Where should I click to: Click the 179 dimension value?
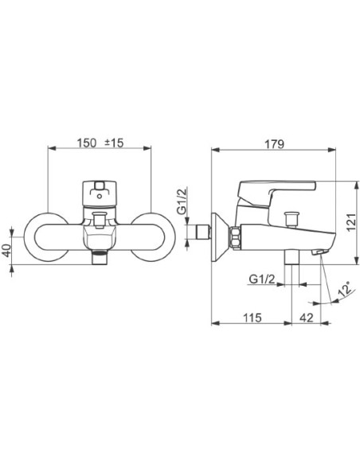coord(274,144)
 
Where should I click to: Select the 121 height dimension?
coord(351,222)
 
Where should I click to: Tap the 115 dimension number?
coord(252,318)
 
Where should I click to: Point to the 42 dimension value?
coord(307,318)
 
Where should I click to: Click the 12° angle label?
coord(346,288)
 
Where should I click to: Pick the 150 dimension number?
coord(87,143)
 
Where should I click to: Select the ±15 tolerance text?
coord(114,143)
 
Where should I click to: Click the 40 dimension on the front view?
coord(6,250)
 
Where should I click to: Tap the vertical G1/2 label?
coord(182,201)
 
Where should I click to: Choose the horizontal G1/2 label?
coord(262,279)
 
